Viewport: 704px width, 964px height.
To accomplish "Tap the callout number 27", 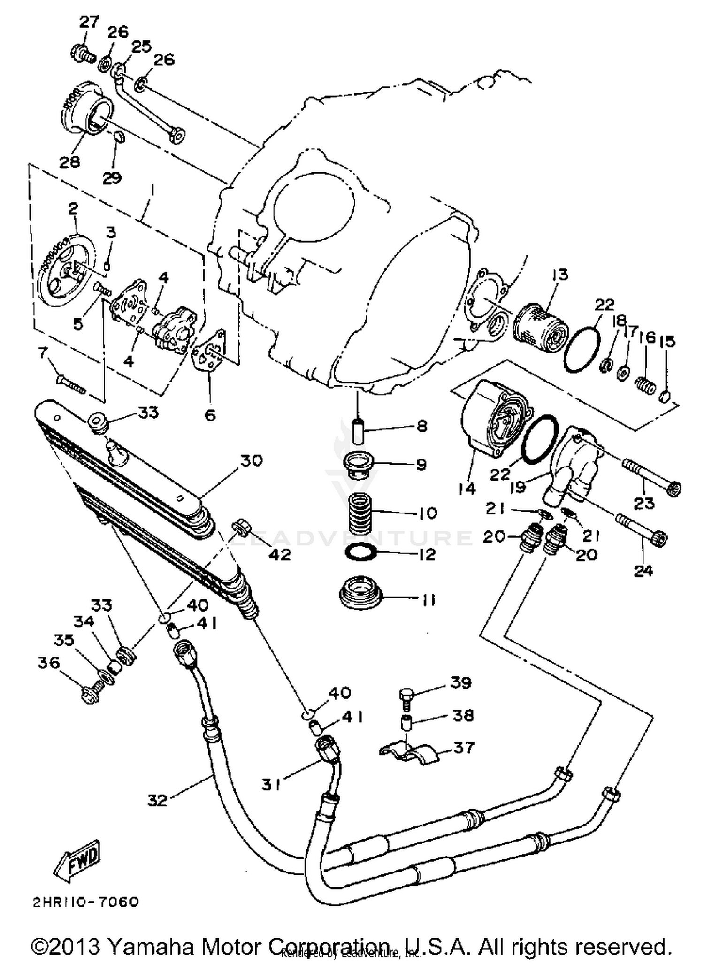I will (x=89, y=22).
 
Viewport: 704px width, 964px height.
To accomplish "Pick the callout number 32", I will (x=157, y=800).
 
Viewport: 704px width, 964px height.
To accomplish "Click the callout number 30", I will (x=251, y=460).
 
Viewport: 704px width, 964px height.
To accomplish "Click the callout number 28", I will (x=69, y=161).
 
